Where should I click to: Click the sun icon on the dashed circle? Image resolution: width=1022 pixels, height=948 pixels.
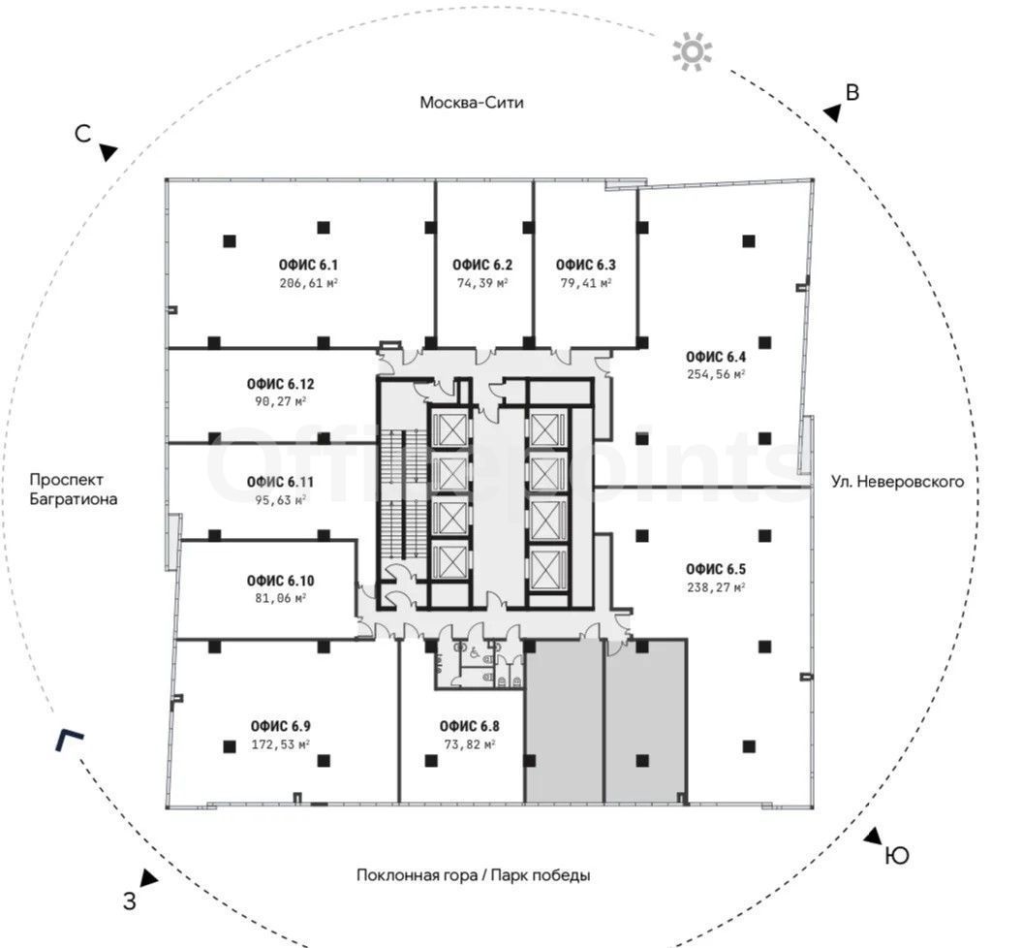pos(693,51)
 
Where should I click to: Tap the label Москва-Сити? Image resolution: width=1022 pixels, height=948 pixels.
pos(471,103)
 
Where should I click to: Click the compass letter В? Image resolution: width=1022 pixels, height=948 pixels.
pos(852,93)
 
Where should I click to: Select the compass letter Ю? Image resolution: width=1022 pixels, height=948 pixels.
pos(897,855)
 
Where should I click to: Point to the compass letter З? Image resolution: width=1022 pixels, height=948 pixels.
pos(130,901)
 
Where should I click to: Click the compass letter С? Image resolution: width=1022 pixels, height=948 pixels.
pos(82,134)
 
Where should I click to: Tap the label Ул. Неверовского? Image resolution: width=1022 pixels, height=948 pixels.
pos(897,482)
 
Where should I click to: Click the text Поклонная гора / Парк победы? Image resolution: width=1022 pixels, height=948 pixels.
pos(473,875)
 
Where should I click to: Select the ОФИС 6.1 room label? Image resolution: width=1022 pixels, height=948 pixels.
pos(308,265)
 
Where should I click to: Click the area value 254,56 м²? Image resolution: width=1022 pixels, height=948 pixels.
pos(716,374)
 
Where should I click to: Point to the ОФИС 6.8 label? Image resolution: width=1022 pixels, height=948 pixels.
pos(469,726)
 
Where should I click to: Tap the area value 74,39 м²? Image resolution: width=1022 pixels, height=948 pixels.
pos(482,283)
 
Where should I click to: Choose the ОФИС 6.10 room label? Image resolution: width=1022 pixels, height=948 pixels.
pos(280,581)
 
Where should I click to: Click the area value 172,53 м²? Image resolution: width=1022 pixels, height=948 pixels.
pos(280,743)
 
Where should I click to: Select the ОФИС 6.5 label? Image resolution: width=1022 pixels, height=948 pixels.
pos(716,569)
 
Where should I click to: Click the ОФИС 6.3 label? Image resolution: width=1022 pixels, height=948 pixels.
pos(585,265)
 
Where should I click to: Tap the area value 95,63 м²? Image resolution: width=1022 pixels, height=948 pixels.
pos(280,500)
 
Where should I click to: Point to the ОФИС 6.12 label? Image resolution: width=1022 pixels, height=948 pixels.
pos(280,384)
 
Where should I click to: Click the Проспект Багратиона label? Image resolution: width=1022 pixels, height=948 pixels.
pos(73,490)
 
